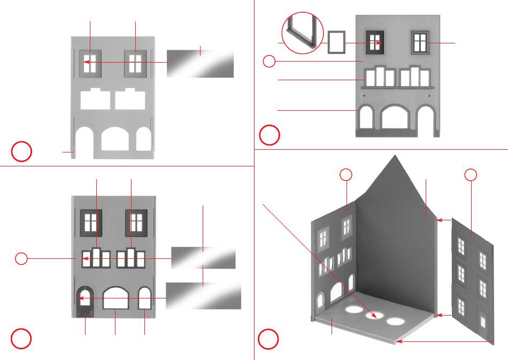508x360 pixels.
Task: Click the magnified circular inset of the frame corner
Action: (x=302, y=33)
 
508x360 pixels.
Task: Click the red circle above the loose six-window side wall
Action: (x=471, y=174)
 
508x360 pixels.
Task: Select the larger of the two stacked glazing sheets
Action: (x=203, y=296)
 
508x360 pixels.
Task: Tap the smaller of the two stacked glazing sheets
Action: (x=203, y=258)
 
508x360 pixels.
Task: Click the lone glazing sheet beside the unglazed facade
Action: (x=200, y=64)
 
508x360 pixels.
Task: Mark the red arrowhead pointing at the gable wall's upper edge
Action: (x=440, y=220)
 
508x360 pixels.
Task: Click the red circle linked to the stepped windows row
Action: (x=21, y=259)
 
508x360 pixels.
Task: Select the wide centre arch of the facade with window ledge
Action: (x=397, y=118)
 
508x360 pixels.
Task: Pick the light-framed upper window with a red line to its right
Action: (x=420, y=42)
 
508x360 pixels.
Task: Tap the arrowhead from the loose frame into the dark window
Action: (x=381, y=42)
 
